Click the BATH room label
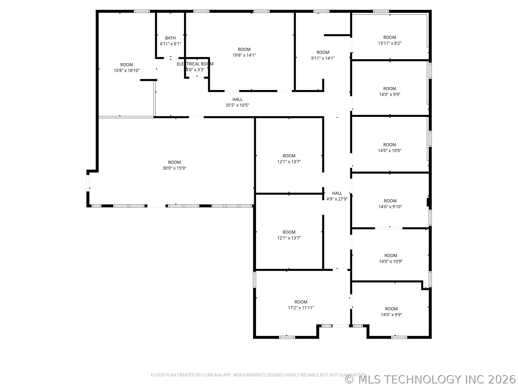coord(170,38)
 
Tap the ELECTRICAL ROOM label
coord(195,64)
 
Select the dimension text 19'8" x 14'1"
coord(244,55)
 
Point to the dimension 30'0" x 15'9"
coord(174,168)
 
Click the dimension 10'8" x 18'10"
coord(127,71)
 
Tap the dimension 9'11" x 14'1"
coord(323,58)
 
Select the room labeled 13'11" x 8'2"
coord(390,40)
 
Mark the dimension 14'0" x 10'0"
coord(390,151)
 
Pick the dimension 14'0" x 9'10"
coord(390,207)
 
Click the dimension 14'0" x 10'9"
coord(391,261)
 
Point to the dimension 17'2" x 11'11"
coord(301,308)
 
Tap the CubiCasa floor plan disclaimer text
coord(258,375)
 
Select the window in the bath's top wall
coord(142,11)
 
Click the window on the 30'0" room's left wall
coord(88,183)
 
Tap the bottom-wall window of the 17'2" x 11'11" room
coord(287,337)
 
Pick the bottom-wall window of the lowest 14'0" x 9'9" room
coord(399,337)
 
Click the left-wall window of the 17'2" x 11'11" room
coord(254,279)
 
